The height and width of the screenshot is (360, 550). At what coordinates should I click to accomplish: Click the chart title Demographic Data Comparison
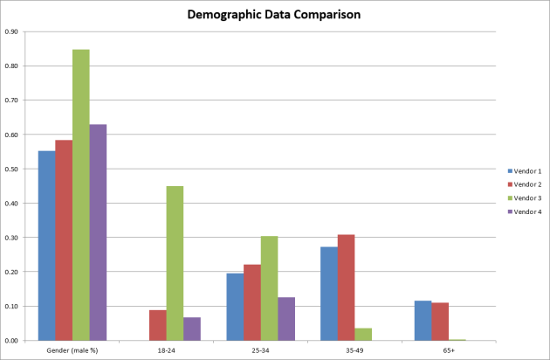click(276, 14)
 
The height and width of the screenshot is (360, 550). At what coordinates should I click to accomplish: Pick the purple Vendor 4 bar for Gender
click(98, 232)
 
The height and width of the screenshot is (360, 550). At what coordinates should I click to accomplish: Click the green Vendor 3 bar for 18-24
click(175, 263)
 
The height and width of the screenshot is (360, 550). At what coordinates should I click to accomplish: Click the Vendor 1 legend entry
click(525, 170)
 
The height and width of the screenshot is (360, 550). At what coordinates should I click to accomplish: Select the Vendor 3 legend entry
click(525, 198)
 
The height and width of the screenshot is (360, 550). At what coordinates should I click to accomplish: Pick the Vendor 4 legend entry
click(525, 212)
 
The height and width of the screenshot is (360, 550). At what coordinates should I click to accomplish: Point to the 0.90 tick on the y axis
click(11, 31)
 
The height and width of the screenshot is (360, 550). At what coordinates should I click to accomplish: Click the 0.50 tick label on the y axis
click(11, 169)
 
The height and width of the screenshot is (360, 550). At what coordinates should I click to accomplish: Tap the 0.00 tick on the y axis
click(11, 341)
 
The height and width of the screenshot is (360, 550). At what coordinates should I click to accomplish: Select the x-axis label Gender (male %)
click(72, 350)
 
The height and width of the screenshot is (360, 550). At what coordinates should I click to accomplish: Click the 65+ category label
click(448, 350)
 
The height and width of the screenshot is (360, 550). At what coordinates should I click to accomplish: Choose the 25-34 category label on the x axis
click(260, 350)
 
